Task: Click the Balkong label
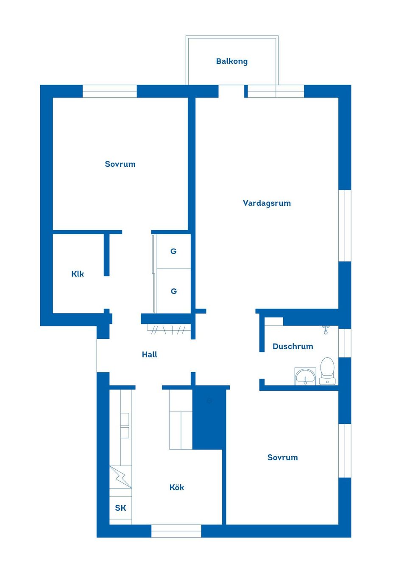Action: pos(231,61)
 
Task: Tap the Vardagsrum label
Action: pos(267,203)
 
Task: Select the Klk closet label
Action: pos(78,274)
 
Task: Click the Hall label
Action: pos(150,354)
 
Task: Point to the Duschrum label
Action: pos(293,346)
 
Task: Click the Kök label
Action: pos(177,487)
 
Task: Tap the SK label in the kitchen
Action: pos(120,508)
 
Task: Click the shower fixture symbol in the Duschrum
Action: pos(326,329)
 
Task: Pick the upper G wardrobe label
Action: pos(173,251)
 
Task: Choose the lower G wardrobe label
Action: pos(173,291)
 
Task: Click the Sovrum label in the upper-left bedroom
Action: pos(120,164)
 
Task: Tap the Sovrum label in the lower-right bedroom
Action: pos(282,457)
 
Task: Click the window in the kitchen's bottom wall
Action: pos(176,531)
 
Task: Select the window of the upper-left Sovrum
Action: pos(109,91)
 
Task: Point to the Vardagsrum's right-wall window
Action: pos(345,225)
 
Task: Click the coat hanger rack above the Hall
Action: pos(169,329)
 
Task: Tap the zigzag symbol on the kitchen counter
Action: pos(120,476)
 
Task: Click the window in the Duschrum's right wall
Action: pos(345,343)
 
